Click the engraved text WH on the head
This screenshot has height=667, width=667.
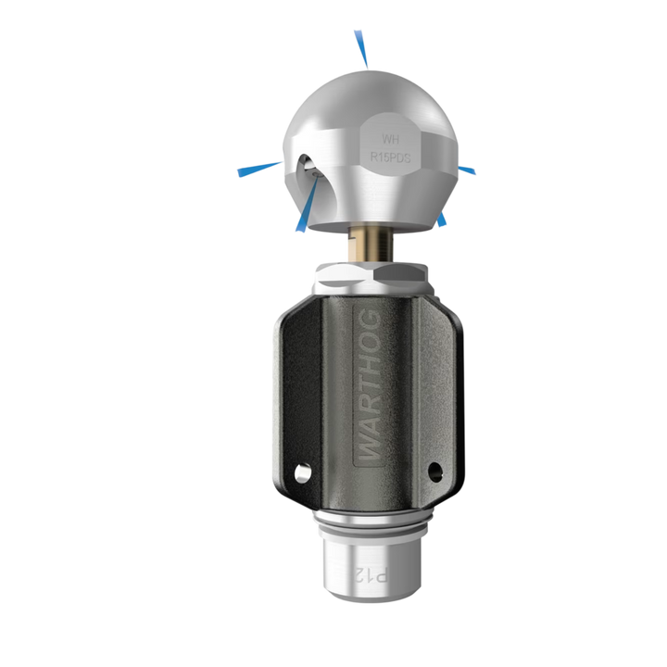(390, 139)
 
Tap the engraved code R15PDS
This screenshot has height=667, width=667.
(390, 157)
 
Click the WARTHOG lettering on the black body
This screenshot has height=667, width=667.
(369, 385)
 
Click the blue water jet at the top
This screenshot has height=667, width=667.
(360, 48)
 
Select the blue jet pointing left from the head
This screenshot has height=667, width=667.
(259, 169)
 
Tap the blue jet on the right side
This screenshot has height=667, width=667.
(467, 170)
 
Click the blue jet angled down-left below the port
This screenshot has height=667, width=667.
(307, 205)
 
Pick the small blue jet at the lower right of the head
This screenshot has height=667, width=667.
(442, 219)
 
